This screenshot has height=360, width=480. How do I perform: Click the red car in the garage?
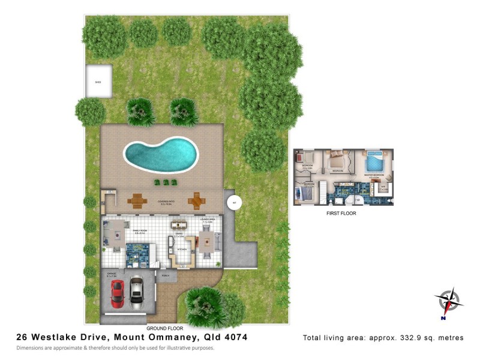117,292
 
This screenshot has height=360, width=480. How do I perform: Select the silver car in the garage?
136,290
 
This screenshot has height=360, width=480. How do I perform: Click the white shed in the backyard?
98,80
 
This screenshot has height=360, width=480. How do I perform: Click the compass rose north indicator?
447,301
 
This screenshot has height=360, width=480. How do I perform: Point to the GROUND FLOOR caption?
164,329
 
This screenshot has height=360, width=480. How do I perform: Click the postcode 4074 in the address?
234,338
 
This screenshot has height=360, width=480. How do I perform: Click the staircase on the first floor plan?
320,193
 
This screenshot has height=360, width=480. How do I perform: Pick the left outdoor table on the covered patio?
137,200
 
